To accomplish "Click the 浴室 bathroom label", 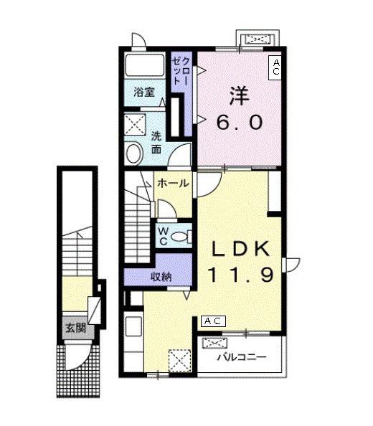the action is tap(144, 92).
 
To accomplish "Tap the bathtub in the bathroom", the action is tap(145, 65).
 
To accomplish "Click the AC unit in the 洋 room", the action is tap(275, 67).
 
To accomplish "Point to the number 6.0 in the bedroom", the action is tap(240, 122).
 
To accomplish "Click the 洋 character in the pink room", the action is tap(239, 96).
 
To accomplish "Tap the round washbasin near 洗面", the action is tap(135, 153).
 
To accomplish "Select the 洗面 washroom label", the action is tap(156, 143).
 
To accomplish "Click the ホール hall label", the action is tap(173, 183).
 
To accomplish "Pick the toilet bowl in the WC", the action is tap(179, 237).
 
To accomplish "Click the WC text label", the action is tap(163, 236).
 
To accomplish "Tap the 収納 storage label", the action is tap(161, 277).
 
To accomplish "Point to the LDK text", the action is tap(241, 249).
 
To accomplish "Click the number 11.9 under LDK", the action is tap(240, 274).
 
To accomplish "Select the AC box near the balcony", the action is tap(213, 321).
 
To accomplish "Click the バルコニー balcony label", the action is tap(242, 357).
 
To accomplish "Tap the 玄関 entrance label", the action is tap(76, 328).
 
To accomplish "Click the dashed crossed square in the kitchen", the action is tap(179, 360).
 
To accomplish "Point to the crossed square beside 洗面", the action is tap(135, 124).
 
